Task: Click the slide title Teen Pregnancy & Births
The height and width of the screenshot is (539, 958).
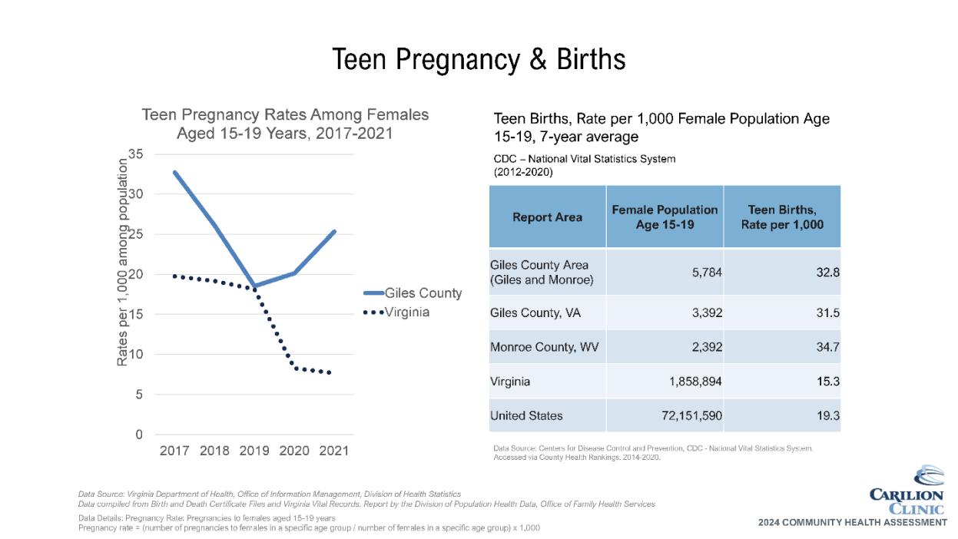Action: (479, 59)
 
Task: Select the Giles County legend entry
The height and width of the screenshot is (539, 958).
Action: (423, 293)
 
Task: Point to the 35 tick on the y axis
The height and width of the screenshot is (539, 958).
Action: (135, 154)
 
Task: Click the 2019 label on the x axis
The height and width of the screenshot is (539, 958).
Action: (254, 451)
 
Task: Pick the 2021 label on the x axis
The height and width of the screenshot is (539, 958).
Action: (333, 451)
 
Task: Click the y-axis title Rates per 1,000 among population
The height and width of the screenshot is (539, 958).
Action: (122, 261)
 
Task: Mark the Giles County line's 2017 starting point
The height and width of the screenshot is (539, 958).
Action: (175, 172)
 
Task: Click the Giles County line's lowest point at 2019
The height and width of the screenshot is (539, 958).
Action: (254, 286)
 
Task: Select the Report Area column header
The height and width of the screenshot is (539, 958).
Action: (547, 217)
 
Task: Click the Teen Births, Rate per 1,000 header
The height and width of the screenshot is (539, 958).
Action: (782, 217)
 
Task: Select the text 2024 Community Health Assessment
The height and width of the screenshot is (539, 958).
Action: (852, 522)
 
